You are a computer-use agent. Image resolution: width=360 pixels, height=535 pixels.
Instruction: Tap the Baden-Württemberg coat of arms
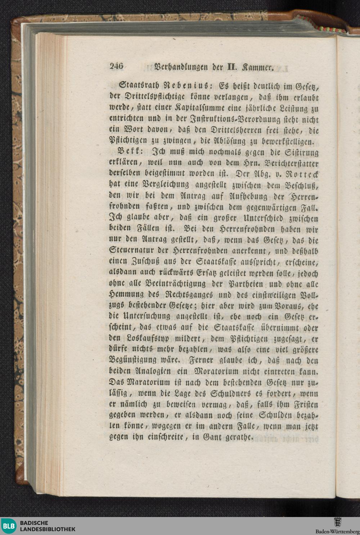click(x=338, y=522)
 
